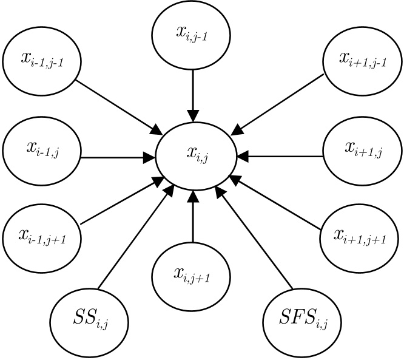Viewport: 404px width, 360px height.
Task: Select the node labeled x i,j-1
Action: click(192, 33)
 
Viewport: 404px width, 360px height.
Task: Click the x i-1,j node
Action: click(42, 149)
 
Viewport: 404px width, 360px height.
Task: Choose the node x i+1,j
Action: click(361, 149)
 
